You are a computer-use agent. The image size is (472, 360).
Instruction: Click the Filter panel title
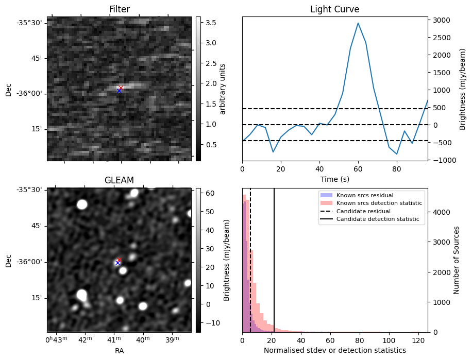119,9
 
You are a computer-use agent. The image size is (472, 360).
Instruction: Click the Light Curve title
334,9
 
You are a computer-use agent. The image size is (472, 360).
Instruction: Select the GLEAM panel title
119,180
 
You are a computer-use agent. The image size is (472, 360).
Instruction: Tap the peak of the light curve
358,23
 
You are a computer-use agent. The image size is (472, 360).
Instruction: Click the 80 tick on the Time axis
397,168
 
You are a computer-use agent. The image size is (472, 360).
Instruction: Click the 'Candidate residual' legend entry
364,212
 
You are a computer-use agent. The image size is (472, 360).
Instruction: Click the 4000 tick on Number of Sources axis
439,212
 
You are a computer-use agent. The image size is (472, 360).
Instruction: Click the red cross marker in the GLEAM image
119,260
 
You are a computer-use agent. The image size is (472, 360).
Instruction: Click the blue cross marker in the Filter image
119,91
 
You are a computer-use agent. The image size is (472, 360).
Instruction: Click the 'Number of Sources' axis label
457,260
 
